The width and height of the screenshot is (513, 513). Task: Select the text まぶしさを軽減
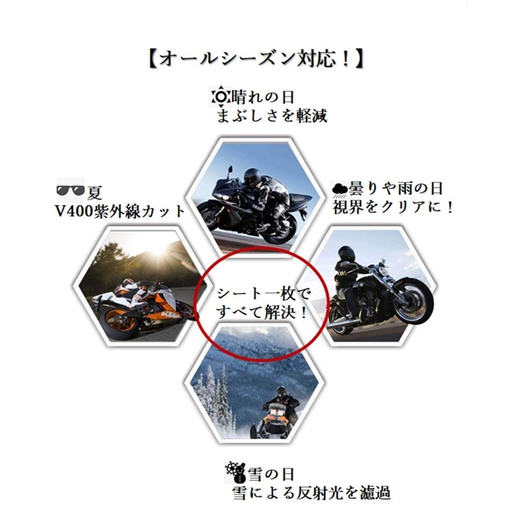coord(272,117)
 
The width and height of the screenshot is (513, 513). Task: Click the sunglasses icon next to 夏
coord(70,190)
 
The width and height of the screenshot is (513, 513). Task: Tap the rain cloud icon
coord(340,189)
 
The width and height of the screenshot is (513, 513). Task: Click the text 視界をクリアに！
coord(393,208)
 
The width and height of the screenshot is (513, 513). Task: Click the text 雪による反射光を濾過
coord(311,493)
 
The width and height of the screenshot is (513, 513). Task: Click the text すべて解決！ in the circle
coord(264,315)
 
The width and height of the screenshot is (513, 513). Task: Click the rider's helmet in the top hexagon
coord(252,174)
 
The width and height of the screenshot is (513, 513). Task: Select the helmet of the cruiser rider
coord(347,253)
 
